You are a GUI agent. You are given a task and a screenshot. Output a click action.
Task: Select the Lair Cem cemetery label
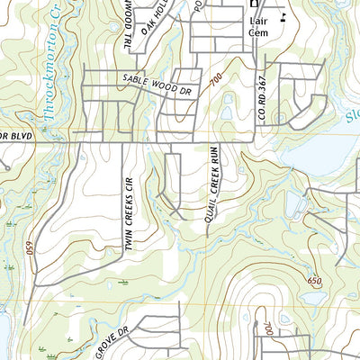point(257,24)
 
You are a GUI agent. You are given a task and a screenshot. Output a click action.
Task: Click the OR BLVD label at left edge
point(16,135)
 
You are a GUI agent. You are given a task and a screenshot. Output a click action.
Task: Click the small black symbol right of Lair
point(282,17)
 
